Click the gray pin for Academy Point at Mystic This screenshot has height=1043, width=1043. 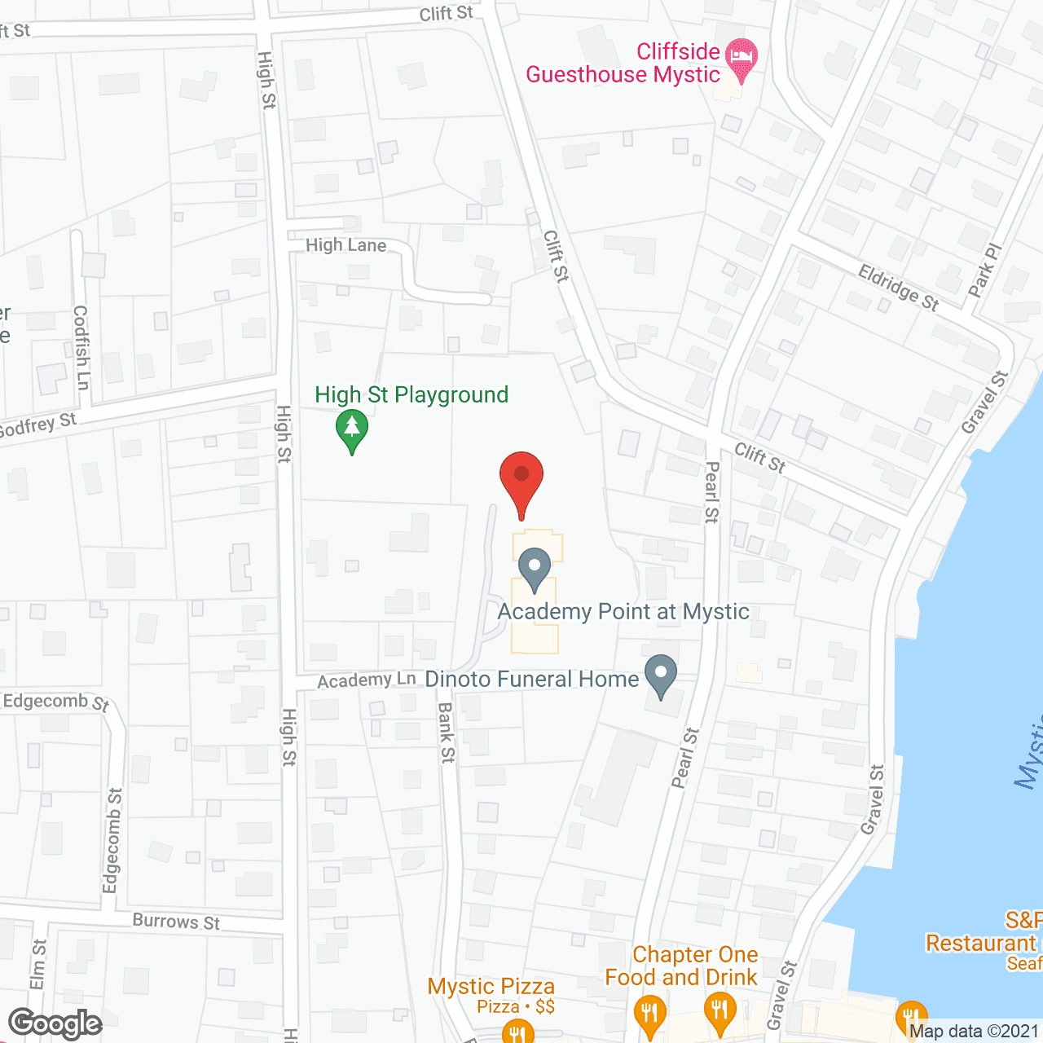tap(535, 568)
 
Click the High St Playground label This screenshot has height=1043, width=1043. tap(411, 395)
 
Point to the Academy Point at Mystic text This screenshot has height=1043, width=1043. tap(623, 612)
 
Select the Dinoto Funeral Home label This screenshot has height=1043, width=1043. tap(532, 679)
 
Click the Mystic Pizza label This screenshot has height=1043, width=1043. tap(491, 987)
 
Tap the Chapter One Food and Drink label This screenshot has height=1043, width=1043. tap(682, 966)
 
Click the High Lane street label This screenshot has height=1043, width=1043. tap(346, 245)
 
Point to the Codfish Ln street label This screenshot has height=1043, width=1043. tap(81, 347)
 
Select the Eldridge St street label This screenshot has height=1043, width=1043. tap(899, 288)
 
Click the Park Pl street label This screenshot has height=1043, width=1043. tap(984, 270)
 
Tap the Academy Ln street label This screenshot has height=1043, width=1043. tap(367, 680)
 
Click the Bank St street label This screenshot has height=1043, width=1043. tap(446, 733)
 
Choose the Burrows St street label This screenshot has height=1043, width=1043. tap(176, 922)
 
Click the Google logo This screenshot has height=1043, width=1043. tap(55, 1023)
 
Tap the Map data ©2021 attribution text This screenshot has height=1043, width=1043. tap(974, 1032)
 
